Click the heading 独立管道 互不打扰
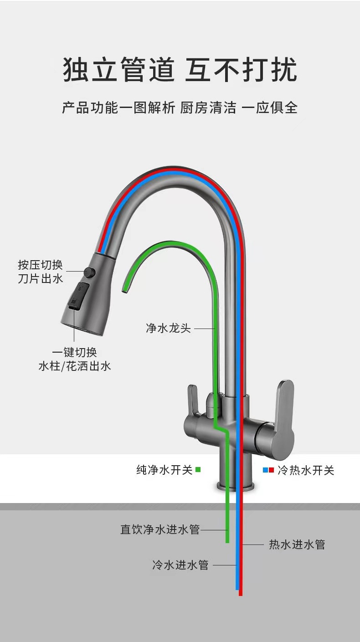[180, 70]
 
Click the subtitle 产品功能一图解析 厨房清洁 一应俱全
[180, 108]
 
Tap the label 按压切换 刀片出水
[41, 272]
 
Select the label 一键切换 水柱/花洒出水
[75, 359]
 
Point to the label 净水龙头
[168, 328]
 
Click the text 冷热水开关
[306, 470]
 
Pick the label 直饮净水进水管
[160, 529]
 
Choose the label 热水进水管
[297, 544]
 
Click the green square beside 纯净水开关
[198, 470]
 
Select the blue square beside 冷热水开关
[265, 470]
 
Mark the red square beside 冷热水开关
[271, 470]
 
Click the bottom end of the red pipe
[241, 593]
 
